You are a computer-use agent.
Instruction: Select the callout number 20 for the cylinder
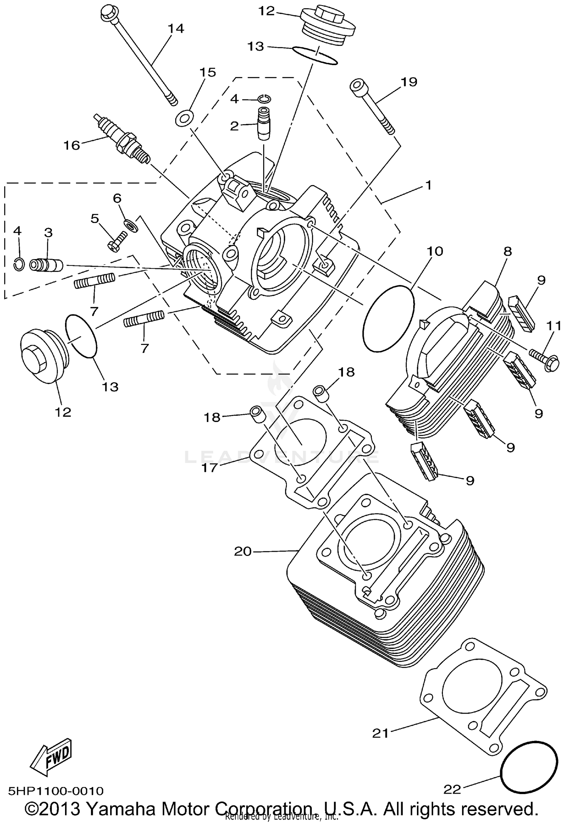[x=243, y=551]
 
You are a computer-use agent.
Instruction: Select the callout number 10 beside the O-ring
[x=434, y=251]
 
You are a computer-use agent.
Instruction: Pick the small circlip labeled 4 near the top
[x=265, y=99]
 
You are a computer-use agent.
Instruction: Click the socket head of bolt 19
[x=357, y=86]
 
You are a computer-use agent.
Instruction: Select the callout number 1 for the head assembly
[x=428, y=185]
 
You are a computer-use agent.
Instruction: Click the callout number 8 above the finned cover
[x=508, y=251]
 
